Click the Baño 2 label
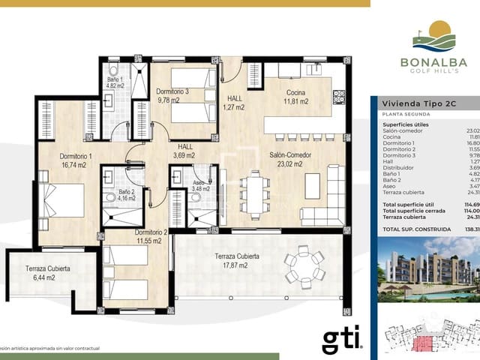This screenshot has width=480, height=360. [126, 196]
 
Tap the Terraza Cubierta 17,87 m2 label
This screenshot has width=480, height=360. [237, 261]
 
